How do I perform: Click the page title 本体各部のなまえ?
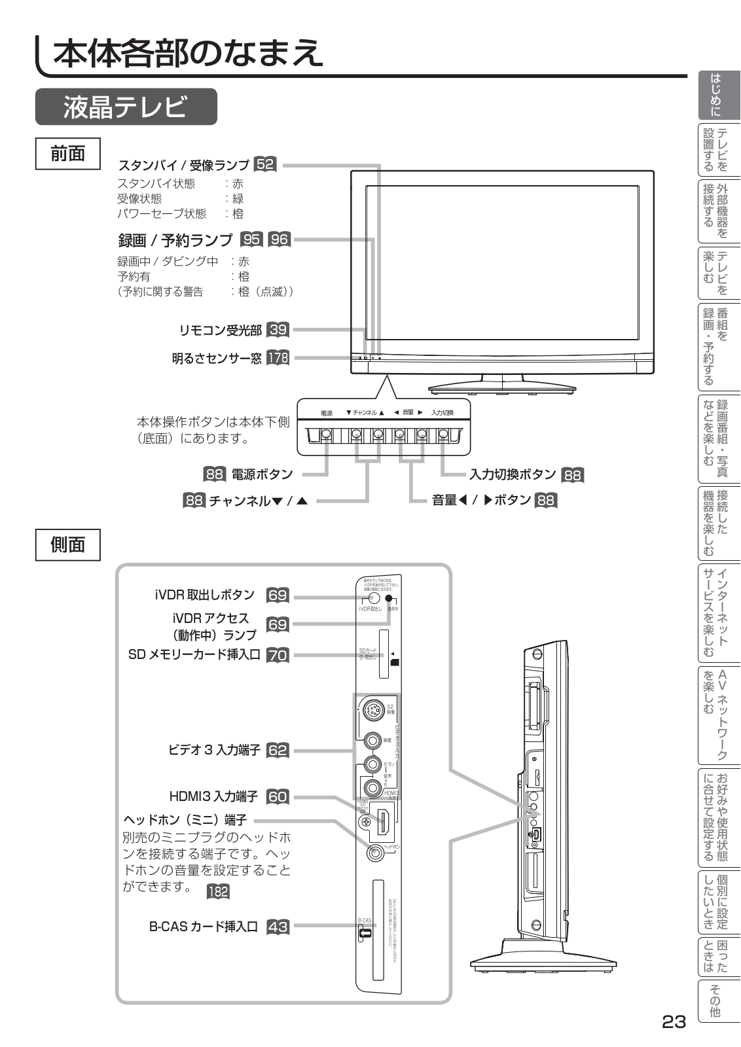(188, 52)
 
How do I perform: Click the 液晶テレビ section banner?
(126, 107)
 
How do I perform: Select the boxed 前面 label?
(68, 154)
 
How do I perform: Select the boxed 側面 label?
(68, 544)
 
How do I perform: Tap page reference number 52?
(265, 164)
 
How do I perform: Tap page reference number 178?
(278, 358)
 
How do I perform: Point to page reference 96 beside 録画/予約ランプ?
(280, 240)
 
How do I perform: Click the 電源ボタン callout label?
(262, 474)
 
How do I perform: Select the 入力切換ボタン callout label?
(513, 474)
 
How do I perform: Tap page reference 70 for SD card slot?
(278, 655)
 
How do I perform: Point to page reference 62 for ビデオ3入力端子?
(278, 751)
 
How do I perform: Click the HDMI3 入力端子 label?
(213, 796)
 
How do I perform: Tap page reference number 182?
(218, 891)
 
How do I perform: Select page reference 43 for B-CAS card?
(278, 927)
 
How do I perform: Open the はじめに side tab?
(718, 95)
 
